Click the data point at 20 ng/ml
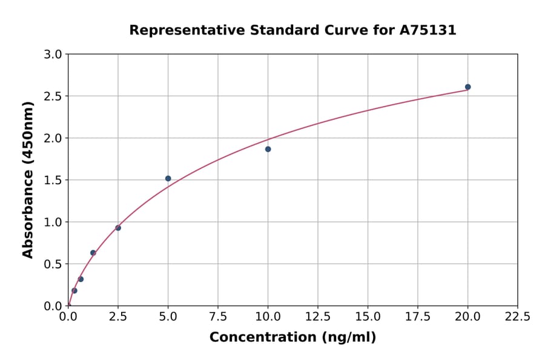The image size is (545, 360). click(467, 87)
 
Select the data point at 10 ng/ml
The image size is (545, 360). click(268, 149)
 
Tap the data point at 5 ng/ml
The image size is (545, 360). click(168, 178)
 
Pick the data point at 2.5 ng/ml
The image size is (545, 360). click(118, 228)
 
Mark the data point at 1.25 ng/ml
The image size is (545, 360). click(93, 253)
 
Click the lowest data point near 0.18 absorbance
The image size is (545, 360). click(74, 290)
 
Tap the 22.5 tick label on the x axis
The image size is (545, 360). click(517, 317)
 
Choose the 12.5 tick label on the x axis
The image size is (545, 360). click(318, 317)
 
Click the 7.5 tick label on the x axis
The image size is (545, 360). click(218, 317)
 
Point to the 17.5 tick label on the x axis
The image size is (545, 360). click(418, 317)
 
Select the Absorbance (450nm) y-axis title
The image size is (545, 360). click(28, 179)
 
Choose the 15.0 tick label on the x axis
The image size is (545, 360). click(368, 317)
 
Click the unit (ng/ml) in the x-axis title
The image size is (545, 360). click(349, 338)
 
